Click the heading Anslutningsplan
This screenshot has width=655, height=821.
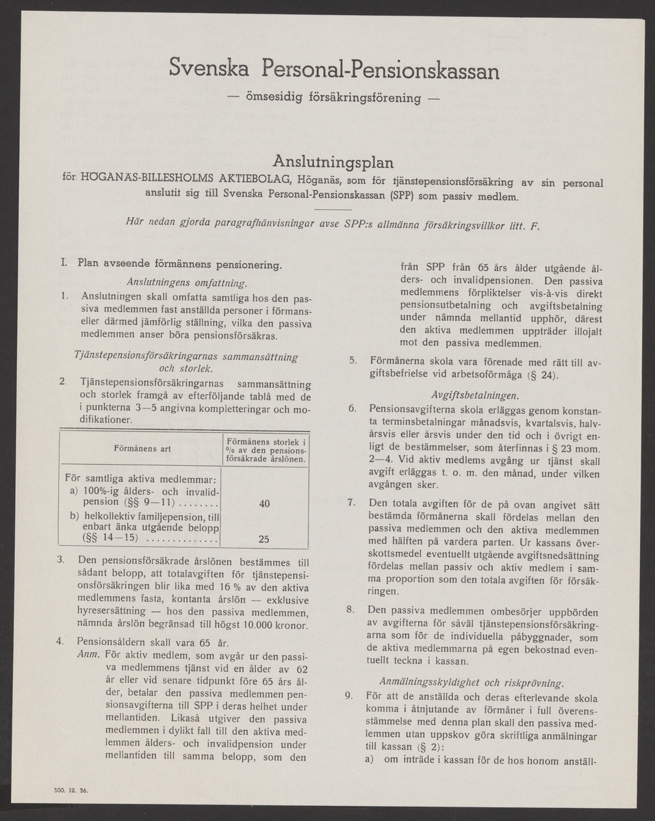tap(333, 162)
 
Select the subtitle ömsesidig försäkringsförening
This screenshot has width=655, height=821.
tap(333, 98)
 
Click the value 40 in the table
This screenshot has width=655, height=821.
tap(264, 504)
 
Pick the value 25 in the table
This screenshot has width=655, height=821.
tap(264, 539)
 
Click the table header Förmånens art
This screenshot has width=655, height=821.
tap(142, 449)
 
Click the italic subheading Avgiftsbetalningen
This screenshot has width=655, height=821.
tap(475, 395)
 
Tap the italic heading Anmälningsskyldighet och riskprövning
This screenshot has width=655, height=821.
tap(472, 681)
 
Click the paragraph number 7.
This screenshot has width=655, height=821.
tap(350, 503)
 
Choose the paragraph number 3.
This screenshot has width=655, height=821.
tap(62, 560)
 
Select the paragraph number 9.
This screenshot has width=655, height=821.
tap(350, 696)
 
